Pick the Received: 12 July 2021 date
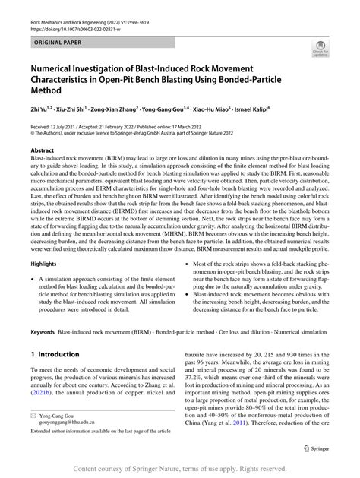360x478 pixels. pos(58,126)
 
